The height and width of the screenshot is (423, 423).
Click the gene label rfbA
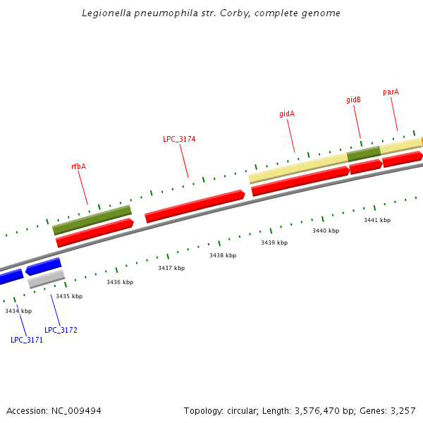(x=78, y=167)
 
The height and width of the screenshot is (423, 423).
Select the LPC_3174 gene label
(x=179, y=139)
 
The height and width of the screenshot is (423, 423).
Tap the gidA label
(x=287, y=114)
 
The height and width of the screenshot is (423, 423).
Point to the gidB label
(x=353, y=100)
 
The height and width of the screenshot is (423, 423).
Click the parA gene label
(x=391, y=92)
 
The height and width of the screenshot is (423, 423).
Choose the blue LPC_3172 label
(x=61, y=330)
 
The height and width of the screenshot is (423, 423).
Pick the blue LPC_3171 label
(x=27, y=340)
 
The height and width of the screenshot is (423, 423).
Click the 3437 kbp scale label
(x=171, y=268)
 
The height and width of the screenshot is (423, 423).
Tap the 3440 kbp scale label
(x=326, y=231)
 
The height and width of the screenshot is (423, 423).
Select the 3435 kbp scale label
(x=69, y=296)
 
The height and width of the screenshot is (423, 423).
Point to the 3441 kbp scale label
(x=377, y=220)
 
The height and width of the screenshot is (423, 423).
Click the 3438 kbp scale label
(x=223, y=255)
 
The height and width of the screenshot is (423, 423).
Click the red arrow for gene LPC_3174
(x=195, y=207)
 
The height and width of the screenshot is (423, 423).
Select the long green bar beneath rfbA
(x=92, y=220)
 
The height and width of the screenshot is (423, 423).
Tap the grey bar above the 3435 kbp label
(x=47, y=278)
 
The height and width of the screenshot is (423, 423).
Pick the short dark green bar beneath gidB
(x=364, y=153)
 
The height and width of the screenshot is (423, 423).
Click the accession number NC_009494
(x=75, y=410)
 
